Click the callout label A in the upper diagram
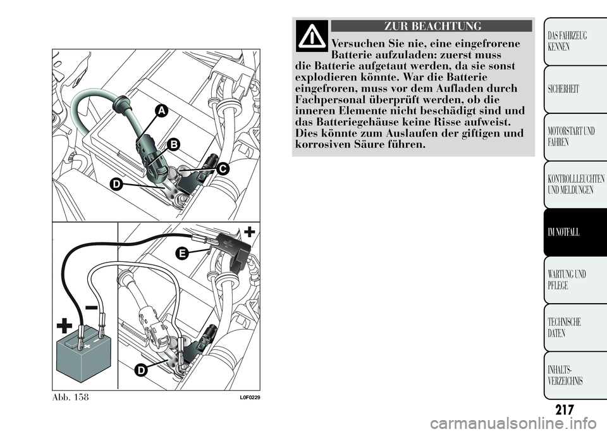click(x=161, y=111)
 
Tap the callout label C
click(x=223, y=169)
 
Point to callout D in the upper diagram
click(x=115, y=184)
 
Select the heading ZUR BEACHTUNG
click(x=431, y=26)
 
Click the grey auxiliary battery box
click(x=83, y=354)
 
